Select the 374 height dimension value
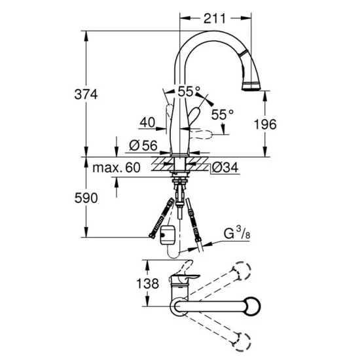point(84,94)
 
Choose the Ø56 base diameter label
point(142,145)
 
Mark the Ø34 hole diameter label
point(225,168)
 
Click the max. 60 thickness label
point(116,168)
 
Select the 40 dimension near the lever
point(147,121)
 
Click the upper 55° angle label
point(189,92)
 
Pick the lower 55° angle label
point(222,114)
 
